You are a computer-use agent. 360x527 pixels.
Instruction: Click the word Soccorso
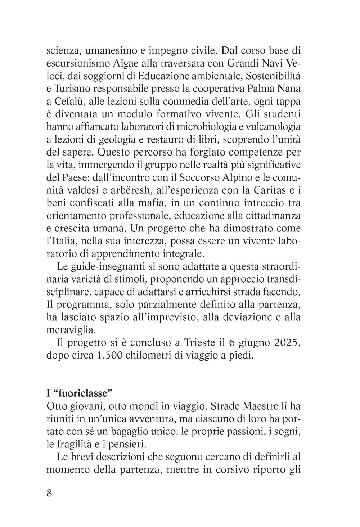201,177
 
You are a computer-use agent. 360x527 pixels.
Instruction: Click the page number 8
50,492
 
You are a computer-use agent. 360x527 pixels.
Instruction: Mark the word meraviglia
66,330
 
